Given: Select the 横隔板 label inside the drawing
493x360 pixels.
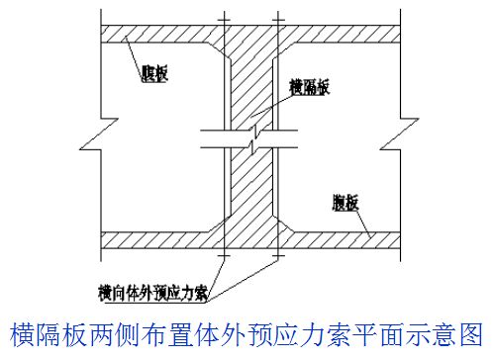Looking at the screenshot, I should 307,87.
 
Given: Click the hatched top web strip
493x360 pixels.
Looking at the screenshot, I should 158,33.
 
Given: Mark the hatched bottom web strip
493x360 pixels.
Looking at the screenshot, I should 158,239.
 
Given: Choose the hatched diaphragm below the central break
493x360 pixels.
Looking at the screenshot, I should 253,193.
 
